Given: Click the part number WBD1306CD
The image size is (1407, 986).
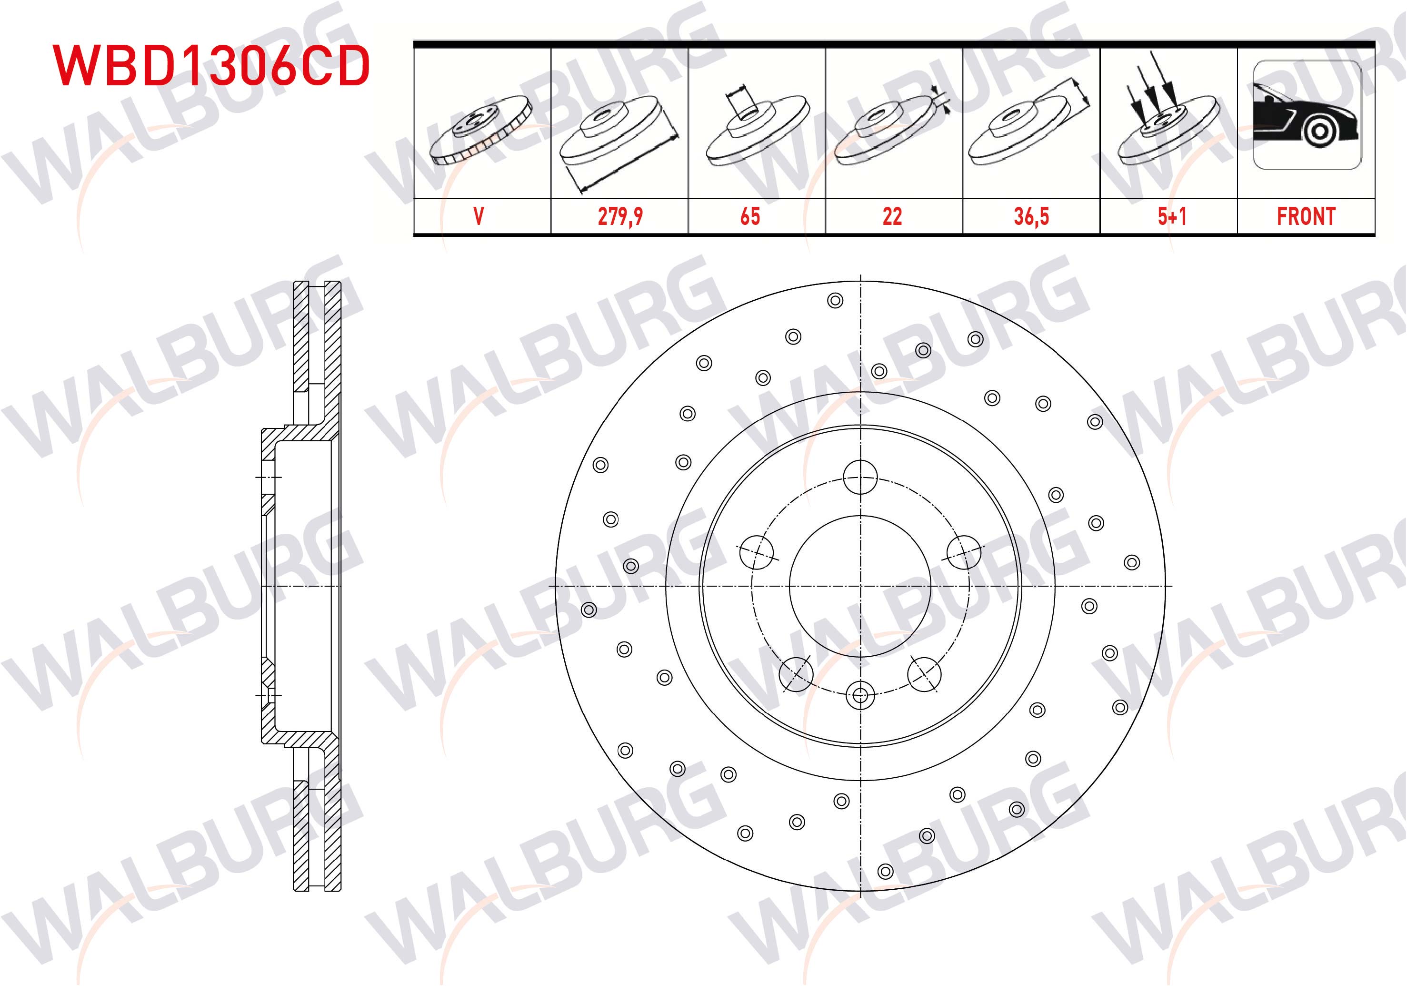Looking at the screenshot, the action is tap(211, 65).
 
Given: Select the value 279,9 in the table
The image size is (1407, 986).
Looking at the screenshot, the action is tap(620, 216).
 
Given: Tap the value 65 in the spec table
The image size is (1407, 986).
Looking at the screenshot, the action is tap(750, 216).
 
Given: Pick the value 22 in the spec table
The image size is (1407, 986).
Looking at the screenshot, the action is tap(892, 216).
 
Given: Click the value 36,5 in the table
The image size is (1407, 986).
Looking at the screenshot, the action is tap(1031, 216).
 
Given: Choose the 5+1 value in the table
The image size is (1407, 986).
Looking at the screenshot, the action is tap(1172, 216).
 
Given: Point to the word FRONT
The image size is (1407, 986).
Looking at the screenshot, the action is tap(1306, 216).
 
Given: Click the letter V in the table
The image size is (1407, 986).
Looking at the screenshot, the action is tap(479, 216).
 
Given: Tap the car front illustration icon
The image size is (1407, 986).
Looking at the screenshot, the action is tap(1307, 115).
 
